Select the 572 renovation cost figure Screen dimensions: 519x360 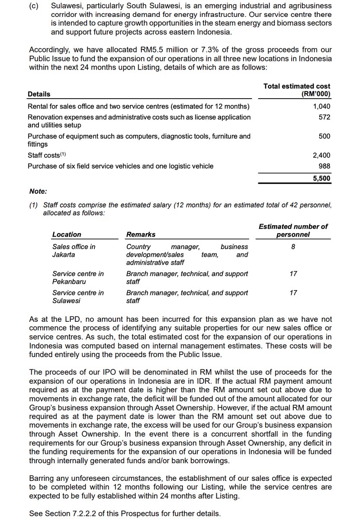[325, 117]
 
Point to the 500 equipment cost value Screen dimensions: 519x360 [325, 136]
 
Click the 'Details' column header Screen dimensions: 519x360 [39, 94]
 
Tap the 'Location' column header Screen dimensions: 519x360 [67, 234]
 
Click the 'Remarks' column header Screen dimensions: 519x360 [141, 234]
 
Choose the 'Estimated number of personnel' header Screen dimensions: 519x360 [293, 231]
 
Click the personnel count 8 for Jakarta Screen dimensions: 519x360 [293, 247]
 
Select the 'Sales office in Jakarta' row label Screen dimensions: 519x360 [74, 250]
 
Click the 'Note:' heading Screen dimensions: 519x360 [39, 191]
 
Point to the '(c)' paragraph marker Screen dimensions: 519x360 [33, 6]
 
